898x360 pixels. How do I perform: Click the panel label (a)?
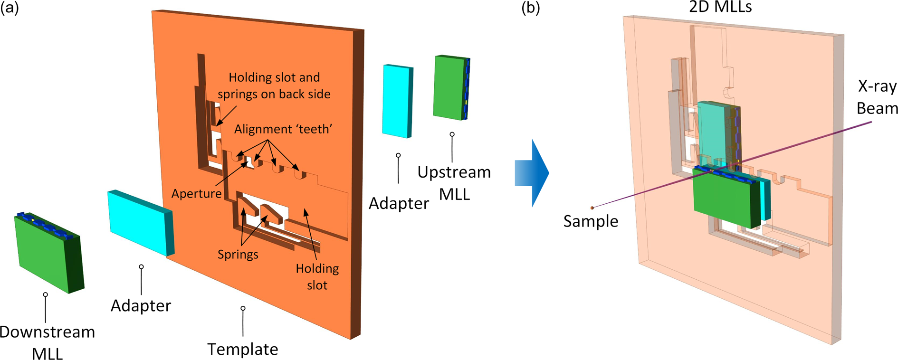coord(10,8)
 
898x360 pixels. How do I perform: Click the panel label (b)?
coord(530,8)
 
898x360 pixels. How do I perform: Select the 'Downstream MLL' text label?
coord(47,342)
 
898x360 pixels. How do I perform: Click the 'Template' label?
coord(242,349)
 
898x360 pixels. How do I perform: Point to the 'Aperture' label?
coord(196,193)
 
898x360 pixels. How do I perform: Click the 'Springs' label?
coord(238,254)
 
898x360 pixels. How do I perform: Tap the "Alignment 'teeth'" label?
coord(283,129)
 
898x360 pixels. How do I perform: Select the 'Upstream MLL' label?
coord(454,183)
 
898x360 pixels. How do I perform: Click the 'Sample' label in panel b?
coord(591,221)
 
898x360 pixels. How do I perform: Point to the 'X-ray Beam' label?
coord(877,97)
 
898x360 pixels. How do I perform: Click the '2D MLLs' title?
coord(720,7)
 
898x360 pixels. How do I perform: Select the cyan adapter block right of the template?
coord(397,101)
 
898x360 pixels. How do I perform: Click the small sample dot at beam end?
coord(592,208)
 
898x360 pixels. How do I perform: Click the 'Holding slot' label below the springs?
coord(317,276)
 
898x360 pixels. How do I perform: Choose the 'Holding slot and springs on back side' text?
coord(274,85)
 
